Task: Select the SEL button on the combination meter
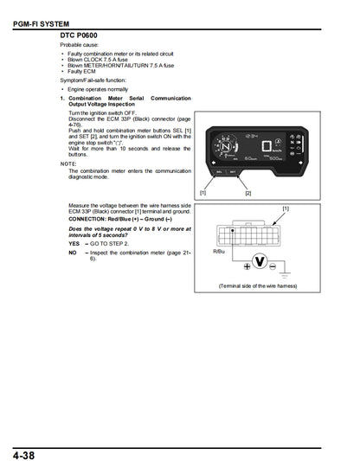click(x=219, y=172)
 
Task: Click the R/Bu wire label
click(x=217, y=252)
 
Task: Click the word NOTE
click(x=69, y=163)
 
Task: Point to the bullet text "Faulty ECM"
click(x=87, y=71)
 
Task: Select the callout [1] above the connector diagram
click(x=285, y=209)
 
